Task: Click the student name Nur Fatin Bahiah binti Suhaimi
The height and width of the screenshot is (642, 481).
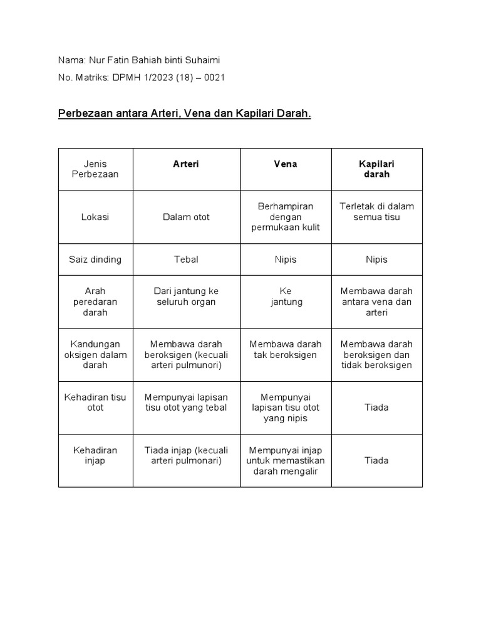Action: (x=139, y=60)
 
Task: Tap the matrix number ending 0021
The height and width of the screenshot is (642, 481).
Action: (x=141, y=78)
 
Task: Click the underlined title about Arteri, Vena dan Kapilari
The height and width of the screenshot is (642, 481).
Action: (x=184, y=115)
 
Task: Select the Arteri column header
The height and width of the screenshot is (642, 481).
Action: (x=186, y=164)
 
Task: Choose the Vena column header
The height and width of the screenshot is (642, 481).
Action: (x=286, y=164)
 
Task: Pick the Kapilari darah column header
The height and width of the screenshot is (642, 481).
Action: (x=376, y=169)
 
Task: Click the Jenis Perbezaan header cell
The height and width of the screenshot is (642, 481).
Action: (x=95, y=169)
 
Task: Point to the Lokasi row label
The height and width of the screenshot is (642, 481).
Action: (x=95, y=217)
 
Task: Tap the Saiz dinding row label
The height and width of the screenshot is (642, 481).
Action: (x=95, y=260)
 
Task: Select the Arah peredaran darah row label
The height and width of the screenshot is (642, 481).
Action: (x=95, y=302)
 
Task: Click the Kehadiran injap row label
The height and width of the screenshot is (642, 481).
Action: (x=95, y=455)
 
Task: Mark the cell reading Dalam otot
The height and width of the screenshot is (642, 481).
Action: (x=186, y=217)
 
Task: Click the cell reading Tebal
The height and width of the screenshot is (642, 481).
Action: (x=186, y=260)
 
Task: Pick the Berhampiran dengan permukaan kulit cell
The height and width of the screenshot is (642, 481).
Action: (x=286, y=217)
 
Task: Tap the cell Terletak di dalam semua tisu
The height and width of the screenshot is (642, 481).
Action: (x=376, y=212)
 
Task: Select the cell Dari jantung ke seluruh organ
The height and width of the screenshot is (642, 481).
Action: (x=186, y=297)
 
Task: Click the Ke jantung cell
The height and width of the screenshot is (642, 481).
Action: (x=286, y=297)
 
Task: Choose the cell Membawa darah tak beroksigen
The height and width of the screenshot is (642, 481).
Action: (x=286, y=350)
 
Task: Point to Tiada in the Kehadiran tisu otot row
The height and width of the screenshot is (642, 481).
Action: (x=376, y=408)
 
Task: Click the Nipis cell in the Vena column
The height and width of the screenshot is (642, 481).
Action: (x=286, y=260)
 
